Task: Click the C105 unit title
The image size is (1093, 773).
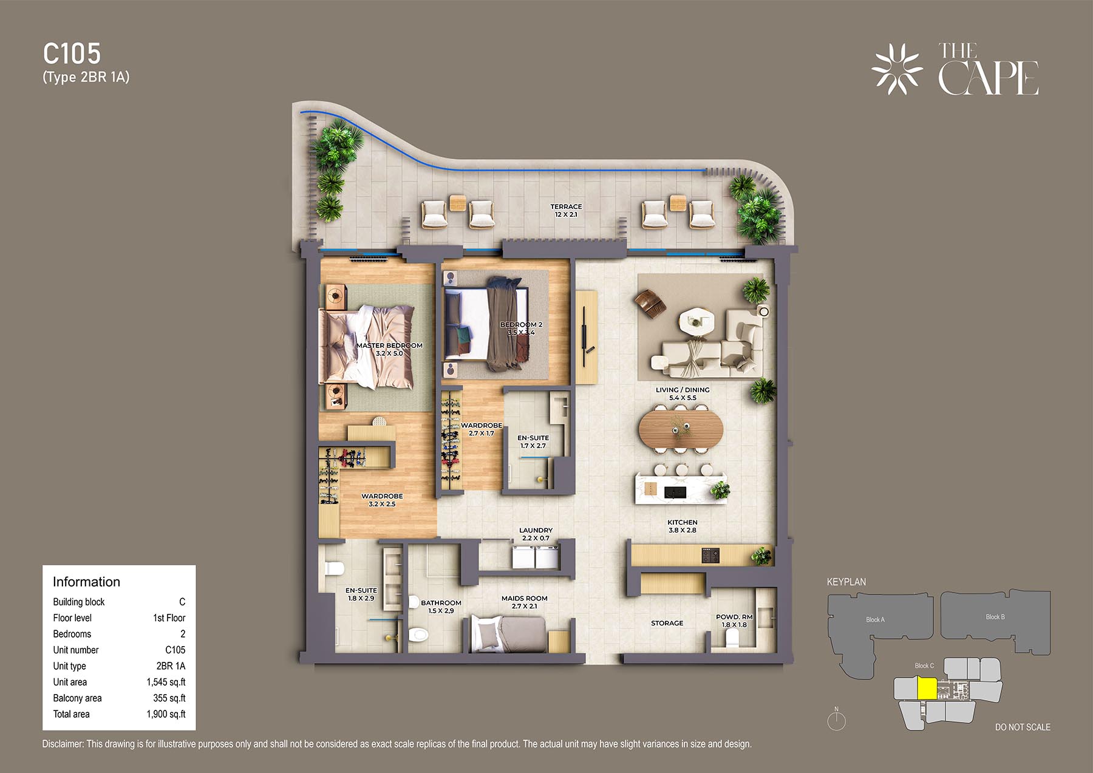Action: tap(72, 53)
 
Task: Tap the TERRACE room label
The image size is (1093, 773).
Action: tap(566, 206)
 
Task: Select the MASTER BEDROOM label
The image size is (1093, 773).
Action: tap(389, 346)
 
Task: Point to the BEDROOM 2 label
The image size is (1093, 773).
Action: tap(521, 325)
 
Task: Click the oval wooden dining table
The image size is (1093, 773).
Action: tap(681, 429)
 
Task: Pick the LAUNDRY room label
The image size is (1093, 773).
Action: tap(536, 530)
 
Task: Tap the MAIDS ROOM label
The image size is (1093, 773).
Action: tap(525, 598)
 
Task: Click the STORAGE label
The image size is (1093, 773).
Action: tap(667, 623)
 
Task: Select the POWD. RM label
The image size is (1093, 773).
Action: tap(734, 617)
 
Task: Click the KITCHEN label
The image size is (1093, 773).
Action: tap(683, 522)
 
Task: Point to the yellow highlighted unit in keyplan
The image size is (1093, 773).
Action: tap(927, 689)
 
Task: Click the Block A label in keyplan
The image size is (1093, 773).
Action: tap(875, 619)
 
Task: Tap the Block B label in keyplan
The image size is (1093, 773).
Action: tap(995, 617)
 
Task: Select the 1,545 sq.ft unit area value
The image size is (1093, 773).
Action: tap(166, 682)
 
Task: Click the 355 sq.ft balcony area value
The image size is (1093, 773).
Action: tap(169, 698)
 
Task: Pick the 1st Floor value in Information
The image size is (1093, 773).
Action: tap(169, 618)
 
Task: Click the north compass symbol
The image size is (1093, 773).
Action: tap(837, 720)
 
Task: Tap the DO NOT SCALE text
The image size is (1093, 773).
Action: tap(1023, 727)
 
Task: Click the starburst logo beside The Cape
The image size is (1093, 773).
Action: tap(897, 69)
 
